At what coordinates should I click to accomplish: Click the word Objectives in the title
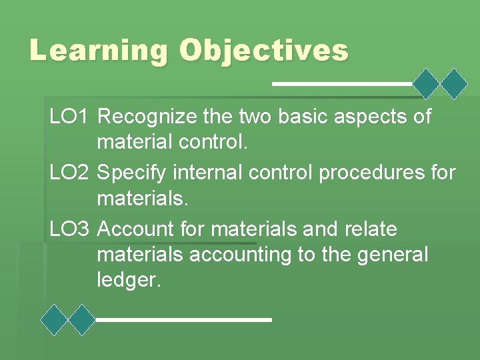[264, 51]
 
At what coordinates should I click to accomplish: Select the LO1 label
[69, 117]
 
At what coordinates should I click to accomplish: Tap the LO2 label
[69, 173]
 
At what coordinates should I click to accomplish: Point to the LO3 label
[69, 229]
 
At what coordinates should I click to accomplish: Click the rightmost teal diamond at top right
[455, 84]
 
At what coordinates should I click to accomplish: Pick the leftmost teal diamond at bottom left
[54, 319]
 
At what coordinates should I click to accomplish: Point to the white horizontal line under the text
[184, 320]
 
